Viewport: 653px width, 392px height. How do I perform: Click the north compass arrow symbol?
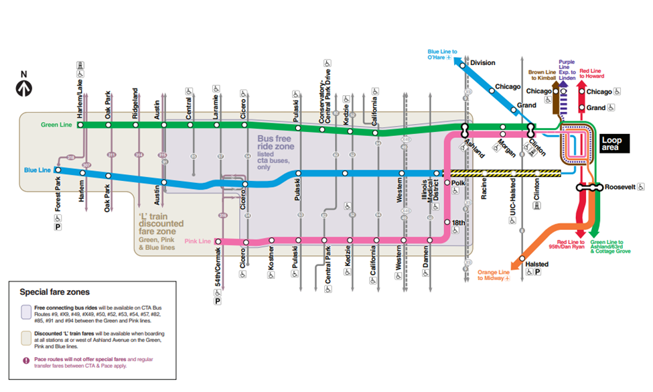pyautogui.click(x=25, y=85)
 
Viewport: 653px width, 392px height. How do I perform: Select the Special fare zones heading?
pyautogui.click(x=54, y=292)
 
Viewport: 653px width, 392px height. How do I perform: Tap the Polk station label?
pyautogui.click(x=457, y=182)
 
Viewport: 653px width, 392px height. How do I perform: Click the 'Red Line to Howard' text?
pyautogui.click(x=591, y=73)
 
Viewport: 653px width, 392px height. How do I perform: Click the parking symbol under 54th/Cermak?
pyautogui.click(x=218, y=301)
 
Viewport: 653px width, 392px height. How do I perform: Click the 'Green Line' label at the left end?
pyautogui.click(x=56, y=125)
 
